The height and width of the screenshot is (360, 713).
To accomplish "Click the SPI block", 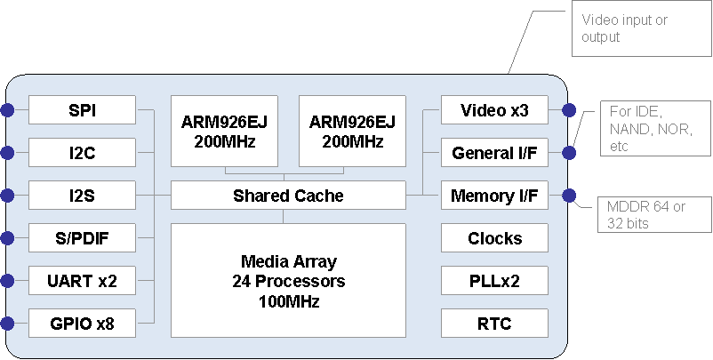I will click(82, 110).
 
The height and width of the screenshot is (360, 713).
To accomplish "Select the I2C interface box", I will click(82, 153).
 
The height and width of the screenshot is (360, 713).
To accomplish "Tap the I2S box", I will click(82, 195).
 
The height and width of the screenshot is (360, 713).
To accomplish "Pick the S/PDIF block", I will click(82, 238).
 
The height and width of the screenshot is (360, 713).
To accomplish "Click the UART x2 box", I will click(82, 281).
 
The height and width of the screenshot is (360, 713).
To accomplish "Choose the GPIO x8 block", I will click(82, 324).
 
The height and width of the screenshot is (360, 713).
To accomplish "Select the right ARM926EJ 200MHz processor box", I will click(352, 130).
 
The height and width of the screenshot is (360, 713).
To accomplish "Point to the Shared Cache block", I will click(288, 195).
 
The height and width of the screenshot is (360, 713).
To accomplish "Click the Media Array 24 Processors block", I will click(288, 281).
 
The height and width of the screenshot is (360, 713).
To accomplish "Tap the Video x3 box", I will click(494, 110).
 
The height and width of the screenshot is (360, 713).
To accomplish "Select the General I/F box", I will click(494, 153).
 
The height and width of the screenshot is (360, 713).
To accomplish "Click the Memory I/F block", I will click(494, 195).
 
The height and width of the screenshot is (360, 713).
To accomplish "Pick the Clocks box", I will click(494, 238).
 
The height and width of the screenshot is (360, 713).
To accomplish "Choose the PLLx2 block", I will click(494, 281).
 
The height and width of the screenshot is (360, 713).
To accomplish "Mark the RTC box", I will click(494, 324).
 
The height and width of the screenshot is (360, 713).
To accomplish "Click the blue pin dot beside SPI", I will click(7, 110).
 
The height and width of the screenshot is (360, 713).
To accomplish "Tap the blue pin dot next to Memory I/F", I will click(568, 195).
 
